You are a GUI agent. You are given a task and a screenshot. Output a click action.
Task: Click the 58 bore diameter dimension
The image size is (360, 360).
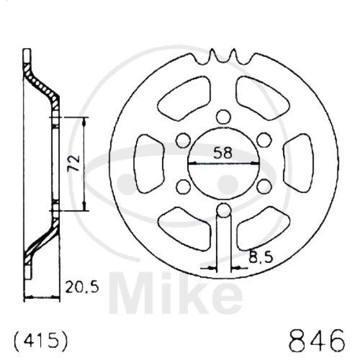click(x=223, y=153)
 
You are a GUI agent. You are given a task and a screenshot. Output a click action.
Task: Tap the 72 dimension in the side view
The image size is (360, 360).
click(x=73, y=163)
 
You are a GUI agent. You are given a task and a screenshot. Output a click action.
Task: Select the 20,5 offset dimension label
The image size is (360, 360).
click(x=82, y=287)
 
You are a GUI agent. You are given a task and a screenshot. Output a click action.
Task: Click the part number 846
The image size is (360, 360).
click(x=317, y=342)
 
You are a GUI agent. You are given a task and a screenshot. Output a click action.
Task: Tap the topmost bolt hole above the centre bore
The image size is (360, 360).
click(x=224, y=117)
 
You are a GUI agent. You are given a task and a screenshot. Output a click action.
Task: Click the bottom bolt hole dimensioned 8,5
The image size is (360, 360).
click(x=224, y=210)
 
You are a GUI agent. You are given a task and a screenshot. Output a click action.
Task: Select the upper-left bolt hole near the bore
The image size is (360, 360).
click(x=184, y=140)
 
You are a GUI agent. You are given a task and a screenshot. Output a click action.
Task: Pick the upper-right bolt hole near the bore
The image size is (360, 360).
click(x=264, y=140)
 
